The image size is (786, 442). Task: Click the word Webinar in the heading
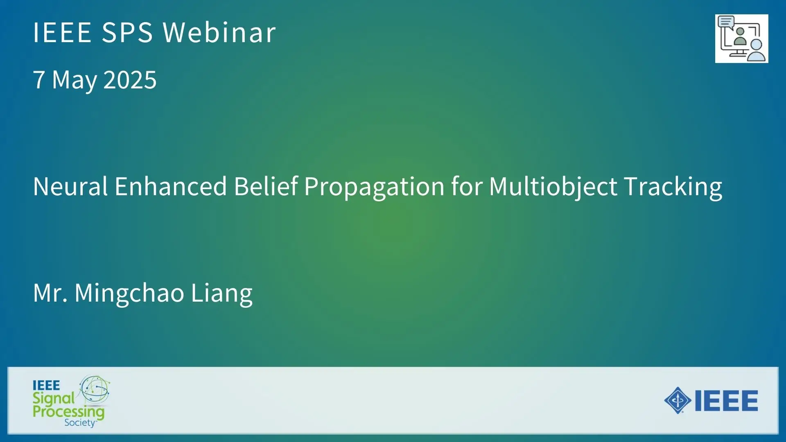[219, 32]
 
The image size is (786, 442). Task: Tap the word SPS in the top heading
[127, 32]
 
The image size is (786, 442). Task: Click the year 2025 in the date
[130, 79]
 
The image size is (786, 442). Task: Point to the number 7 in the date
[39, 79]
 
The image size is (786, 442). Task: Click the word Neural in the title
[70, 186]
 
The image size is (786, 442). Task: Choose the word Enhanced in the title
[171, 186]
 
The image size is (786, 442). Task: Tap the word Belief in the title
[266, 186]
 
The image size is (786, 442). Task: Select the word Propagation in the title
[374, 187]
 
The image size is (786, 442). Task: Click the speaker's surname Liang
[221, 294]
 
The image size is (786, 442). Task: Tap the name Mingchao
[129, 294]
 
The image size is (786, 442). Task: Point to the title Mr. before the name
[50, 293]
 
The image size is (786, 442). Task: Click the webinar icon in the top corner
[741, 38]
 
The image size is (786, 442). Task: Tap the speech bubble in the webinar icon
[726, 21]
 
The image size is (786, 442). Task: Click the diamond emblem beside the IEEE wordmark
[678, 400]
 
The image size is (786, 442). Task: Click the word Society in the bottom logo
[80, 423]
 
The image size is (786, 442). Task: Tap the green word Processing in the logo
[68, 412]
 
